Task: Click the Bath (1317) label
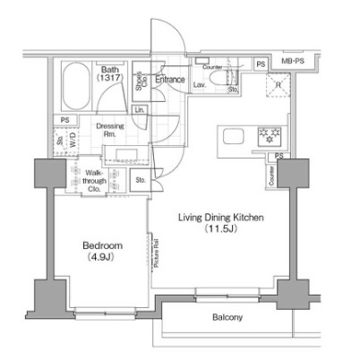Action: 108,73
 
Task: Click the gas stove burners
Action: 266,137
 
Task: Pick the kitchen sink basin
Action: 233,137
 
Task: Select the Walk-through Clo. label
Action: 97,178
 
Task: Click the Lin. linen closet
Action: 141,111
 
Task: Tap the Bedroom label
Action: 103,245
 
